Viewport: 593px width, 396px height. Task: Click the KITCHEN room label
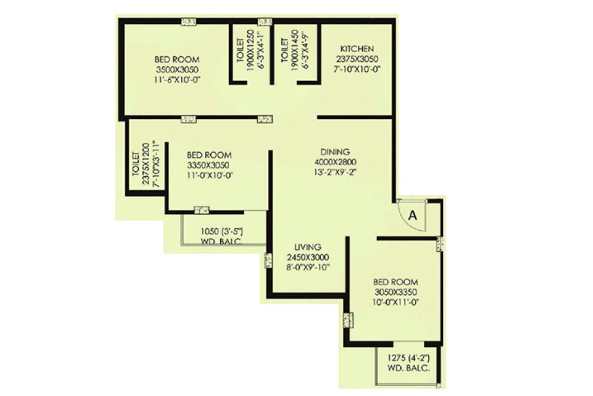click(x=357, y=49)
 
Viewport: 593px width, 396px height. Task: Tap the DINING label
click(x=335, y=152)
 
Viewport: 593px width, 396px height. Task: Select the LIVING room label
click(x=308, y=247)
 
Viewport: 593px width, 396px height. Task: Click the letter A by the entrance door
click(x=412, y=216)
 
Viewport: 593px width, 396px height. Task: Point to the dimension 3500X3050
click(x=177, y=69)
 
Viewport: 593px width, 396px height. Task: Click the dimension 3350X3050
click(x=208, y=165)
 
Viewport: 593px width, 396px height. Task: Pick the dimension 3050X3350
click(x=396, y=292)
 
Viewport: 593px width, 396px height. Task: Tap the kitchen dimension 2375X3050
click(x=357, y=59)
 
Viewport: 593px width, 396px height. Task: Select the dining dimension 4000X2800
click(x=335, y=162)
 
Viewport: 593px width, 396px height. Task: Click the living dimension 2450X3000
click(x=308, y=257)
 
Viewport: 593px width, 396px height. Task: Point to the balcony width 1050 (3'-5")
click(x=222, y=232)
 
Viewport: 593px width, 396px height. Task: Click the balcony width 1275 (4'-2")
click(x=408, y=358)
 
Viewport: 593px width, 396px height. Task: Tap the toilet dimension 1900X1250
click(x=250, y=54)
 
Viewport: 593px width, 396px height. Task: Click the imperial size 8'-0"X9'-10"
click(x=308, y=267)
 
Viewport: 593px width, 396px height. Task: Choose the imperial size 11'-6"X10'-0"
click(x=177, y=80)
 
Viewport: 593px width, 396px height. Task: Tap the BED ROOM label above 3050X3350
click(x=396, y=282)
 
